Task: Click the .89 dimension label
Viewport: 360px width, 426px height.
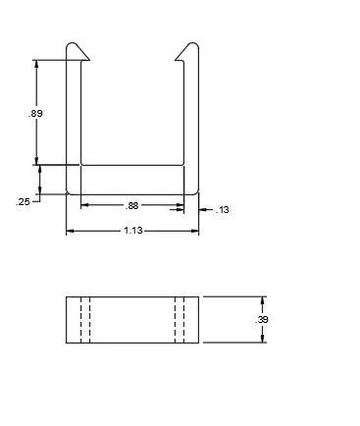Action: click(x=35, y=114)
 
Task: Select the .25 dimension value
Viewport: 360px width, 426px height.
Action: click(x=23, y=202)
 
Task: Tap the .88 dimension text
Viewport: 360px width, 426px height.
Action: click(x=131, y=206)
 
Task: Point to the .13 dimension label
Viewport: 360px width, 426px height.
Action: click(x=223, y=210)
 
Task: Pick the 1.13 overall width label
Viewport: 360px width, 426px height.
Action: click(x=133, y=231)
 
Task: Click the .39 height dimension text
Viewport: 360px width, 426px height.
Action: click(x=262, y=320)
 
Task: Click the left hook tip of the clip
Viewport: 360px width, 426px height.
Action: click(x=89, y=60)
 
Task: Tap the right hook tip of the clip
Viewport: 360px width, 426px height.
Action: click(x=176, y=60)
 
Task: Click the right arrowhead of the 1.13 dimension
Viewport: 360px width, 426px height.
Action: click(x=195, y=231)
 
